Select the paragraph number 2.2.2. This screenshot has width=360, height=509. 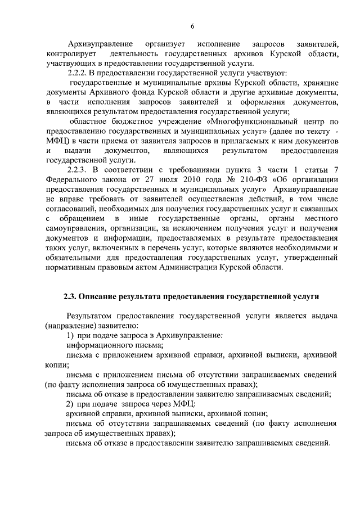(x=79, y=73)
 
